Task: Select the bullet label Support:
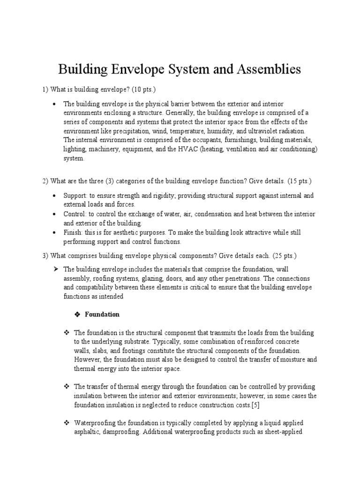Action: [75, 195]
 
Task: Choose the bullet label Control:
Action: [75, 214]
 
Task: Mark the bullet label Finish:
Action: [74, 232]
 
